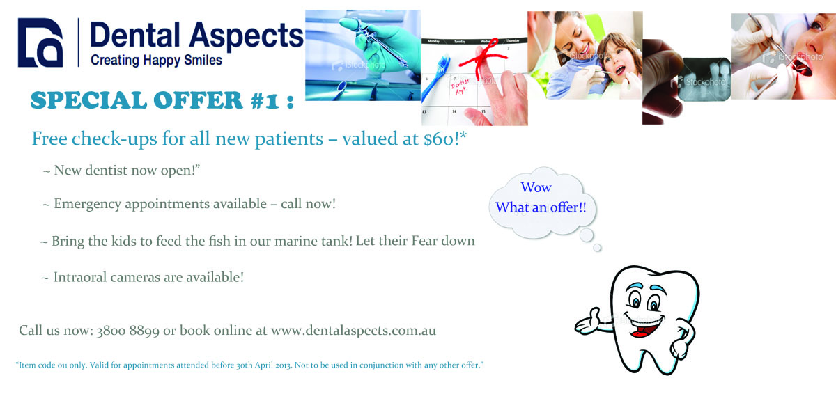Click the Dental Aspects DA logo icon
pyautogui.click(x=40, y=42)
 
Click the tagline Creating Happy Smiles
pyautogui.click(x=156, y=60)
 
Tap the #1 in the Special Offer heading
pyautogui.click(x=265, y=101)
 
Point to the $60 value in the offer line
pyautogui.click(x=438, y=139)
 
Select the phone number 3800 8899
pyautogui.click(x=127, y=331)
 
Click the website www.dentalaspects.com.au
pyautogui.click(x=353, y=331)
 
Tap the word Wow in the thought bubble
pyautogui.click(x=536, y=187)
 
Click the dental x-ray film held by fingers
pyautogui.click(x=704, y=79)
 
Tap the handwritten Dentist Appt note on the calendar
pyautogui.click(x=460, y=86)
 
